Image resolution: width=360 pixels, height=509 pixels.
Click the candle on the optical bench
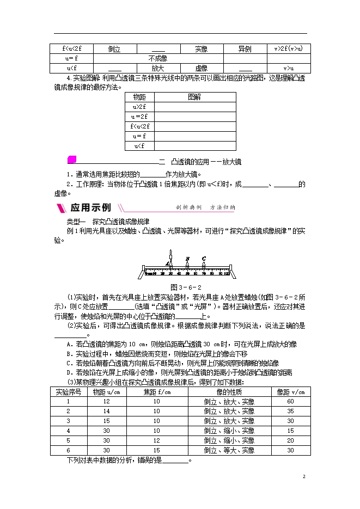tap(170, 256)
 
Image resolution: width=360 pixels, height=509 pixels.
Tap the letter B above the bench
tap(187, 259)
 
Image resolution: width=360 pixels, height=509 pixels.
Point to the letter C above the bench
tap(203, 258)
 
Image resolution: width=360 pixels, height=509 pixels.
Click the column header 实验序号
tap(68, 392)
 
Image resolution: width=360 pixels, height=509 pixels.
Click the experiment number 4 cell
tap(68, 431)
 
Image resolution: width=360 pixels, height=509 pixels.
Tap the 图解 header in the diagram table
tap(194, 97)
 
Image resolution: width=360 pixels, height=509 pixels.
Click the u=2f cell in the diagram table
tap(139, 116)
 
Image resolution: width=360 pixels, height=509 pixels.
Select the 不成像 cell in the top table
tap(157, 58)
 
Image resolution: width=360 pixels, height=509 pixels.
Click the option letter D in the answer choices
tap(69, 372)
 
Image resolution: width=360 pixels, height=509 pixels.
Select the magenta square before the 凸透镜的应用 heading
tap(70, 160)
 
